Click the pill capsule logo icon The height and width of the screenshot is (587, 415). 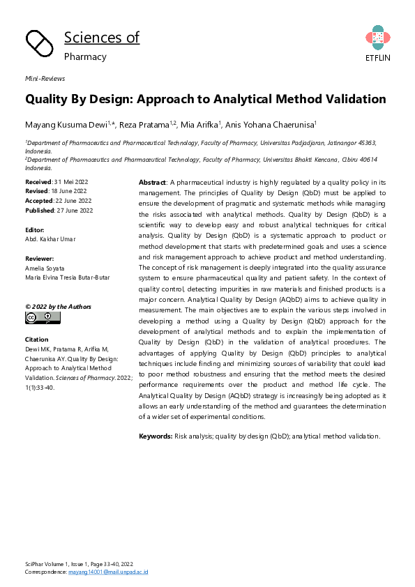[x=40, y=45]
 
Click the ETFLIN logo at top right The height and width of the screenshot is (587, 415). [x=377, y=43]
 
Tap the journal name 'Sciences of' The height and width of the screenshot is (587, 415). [x=102, y=38]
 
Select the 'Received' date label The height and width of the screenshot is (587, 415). [x=38, y=181]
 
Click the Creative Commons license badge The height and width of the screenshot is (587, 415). [x=43, y=317]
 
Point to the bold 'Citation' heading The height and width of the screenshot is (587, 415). [x=37, y=340]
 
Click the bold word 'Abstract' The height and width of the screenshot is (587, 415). [x=153, y=181]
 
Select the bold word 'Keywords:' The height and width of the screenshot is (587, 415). [x=156, y=436]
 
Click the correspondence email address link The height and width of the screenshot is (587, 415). [x=107, y=572]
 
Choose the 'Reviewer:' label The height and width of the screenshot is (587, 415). [x=40, y=258]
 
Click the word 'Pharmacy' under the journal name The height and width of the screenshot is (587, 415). [x=85, y=56]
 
